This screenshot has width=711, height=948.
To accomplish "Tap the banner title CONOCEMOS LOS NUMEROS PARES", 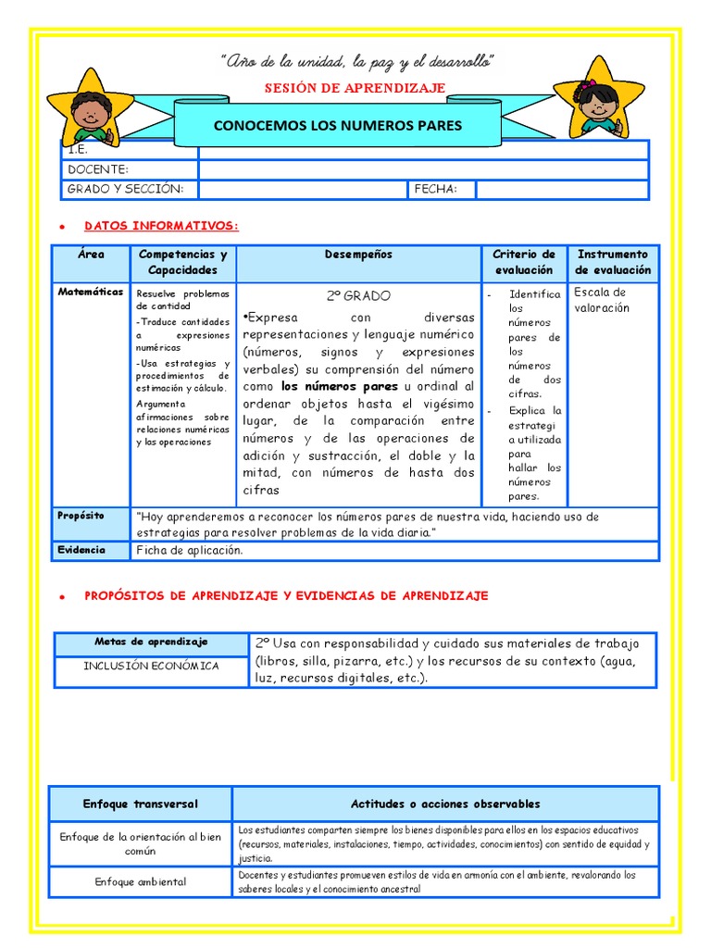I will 338,125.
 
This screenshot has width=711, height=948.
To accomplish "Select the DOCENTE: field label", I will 98,169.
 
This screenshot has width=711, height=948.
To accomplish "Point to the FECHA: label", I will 443,189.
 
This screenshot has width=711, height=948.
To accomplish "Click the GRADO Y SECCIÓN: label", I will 126,189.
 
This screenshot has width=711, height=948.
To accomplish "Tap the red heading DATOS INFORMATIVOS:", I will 161,226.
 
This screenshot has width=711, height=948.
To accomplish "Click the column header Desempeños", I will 358,255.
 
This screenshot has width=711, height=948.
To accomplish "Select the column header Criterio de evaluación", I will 523,262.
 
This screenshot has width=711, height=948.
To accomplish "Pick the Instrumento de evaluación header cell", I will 613,262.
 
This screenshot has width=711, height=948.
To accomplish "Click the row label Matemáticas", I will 91,292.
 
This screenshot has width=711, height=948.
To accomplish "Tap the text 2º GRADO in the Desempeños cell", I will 358,296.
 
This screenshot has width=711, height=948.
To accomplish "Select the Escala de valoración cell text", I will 601,300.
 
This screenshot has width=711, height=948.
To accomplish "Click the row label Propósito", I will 81,515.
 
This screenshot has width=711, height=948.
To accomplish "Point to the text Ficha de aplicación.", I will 190,550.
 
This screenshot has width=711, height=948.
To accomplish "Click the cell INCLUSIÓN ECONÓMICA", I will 151,666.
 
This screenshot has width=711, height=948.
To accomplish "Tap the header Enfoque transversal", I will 141,804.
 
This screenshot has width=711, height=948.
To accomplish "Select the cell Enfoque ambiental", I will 141,881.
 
